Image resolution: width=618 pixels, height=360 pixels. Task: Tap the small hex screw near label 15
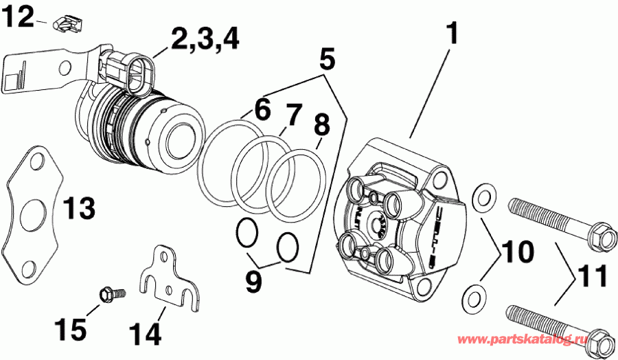[x=109, y=295]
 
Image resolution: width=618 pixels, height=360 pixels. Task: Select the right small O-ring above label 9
[x=288, y=247]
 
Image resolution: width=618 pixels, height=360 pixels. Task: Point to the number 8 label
[x=321, y=125]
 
